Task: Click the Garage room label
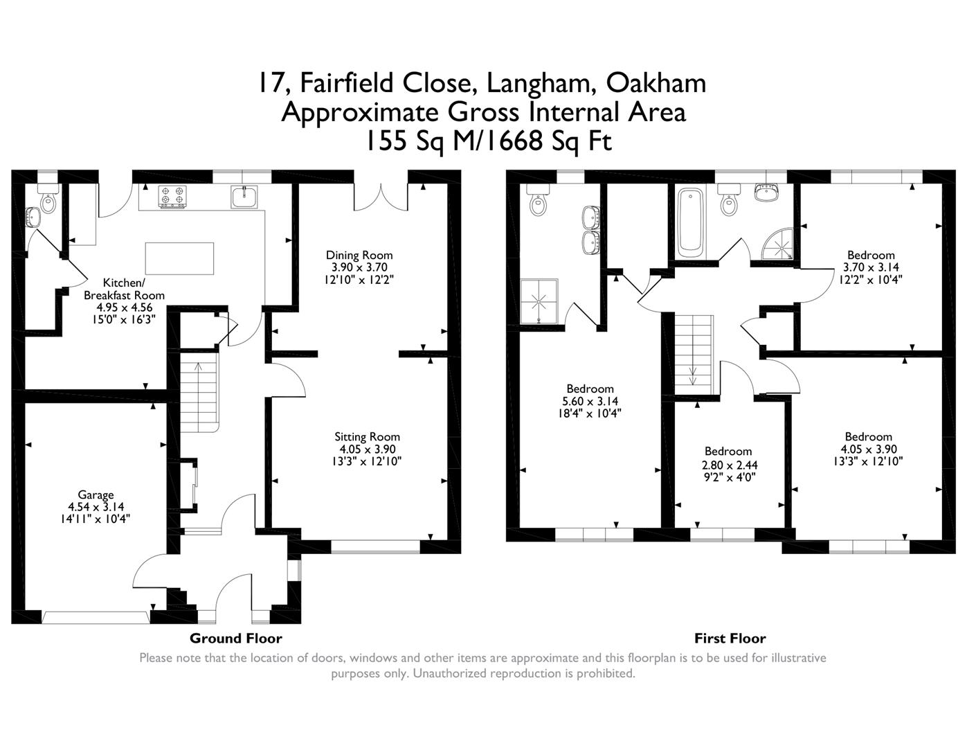96,495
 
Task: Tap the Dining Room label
359,256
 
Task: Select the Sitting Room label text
367,437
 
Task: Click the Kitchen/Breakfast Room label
124,289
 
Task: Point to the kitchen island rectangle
179,258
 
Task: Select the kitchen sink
244,197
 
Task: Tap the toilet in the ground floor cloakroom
48,202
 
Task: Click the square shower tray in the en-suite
540,301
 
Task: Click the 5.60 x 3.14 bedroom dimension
590,401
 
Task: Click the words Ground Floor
235,639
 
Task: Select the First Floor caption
730,639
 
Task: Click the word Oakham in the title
656,83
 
